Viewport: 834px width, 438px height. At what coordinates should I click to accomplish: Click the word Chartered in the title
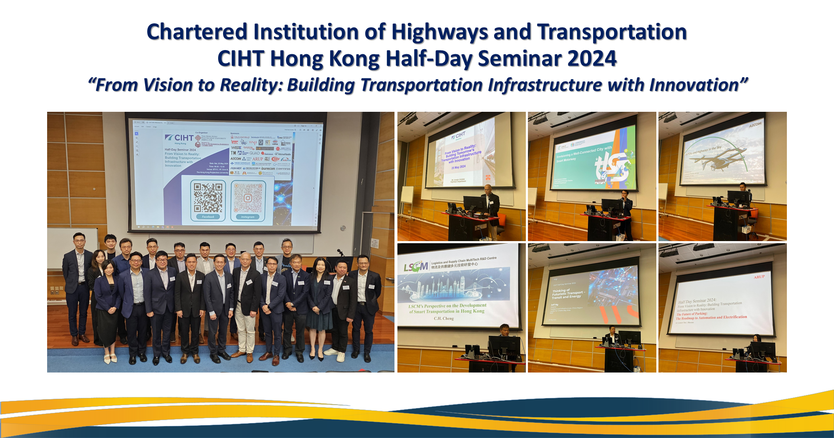[197, 33]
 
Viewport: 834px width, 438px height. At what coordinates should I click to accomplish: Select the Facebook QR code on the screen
[208, 198]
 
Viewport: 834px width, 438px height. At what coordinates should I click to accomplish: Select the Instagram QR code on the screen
[248, 198]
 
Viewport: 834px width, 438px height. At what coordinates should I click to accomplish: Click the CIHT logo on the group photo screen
[180, 138]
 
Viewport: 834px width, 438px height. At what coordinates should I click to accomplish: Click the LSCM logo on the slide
[415, 266]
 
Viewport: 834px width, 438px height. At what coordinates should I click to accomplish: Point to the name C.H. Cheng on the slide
[443, 318]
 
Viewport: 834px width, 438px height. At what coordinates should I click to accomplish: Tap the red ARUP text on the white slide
[759, 277]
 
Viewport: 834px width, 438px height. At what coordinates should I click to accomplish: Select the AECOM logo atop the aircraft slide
[755, 124]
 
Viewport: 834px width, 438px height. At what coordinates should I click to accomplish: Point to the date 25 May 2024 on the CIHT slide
[458, 167]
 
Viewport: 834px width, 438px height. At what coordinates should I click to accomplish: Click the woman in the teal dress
[320, 300]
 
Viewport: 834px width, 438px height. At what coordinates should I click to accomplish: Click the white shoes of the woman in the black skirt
[110, 358]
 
